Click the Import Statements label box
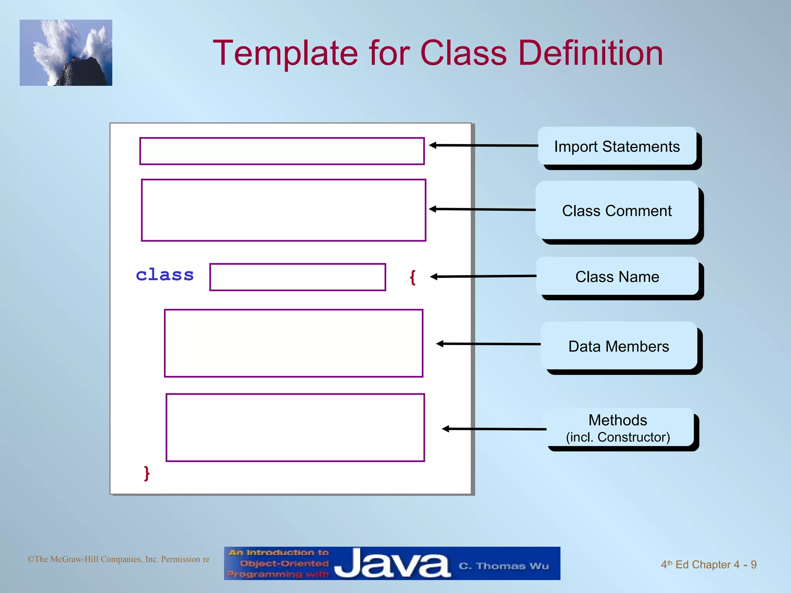[617, 146]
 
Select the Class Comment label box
[617, 210]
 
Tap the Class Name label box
[617, 276]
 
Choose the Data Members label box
[619, 346]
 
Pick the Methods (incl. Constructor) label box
[618, 428]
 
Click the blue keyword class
[165, 275]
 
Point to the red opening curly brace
[412, 277]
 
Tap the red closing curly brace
[146, 473]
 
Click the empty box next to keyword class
[297, 277]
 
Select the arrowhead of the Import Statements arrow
[433, 145]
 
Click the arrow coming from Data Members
[489, 344]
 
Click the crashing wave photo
[66, 53]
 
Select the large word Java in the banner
[392, 564]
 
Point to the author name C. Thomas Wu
[504, 566]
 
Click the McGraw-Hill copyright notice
[118, 559]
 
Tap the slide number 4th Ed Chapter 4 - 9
[708, 564]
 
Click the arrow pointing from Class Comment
[483, 209]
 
